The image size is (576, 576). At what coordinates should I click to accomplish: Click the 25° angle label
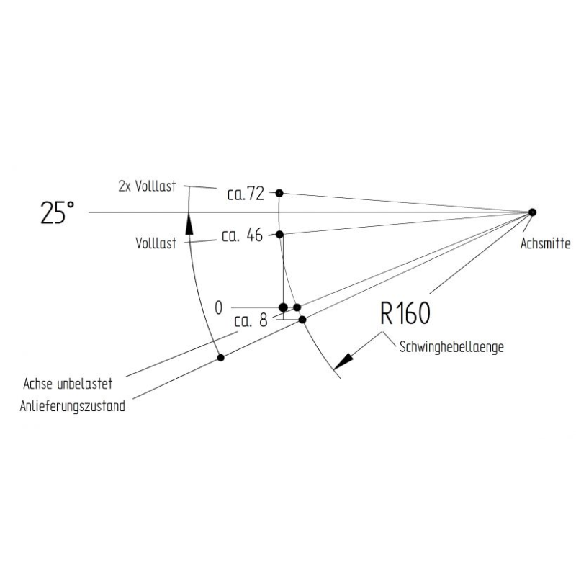(58, 212)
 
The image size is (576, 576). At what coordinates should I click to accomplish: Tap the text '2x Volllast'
(147, 186)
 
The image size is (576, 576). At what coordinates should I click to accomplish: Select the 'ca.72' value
(246, 194)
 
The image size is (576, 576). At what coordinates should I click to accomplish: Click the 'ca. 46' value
(243, 235)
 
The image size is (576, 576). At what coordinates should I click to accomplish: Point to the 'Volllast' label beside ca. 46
(156, 243)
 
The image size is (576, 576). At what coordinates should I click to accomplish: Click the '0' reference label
(219, 308)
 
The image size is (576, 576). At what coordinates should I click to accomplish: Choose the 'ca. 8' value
(251, 320)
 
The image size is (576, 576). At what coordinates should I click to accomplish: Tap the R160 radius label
(405, 313)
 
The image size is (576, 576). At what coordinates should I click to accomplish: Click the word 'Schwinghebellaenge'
(451, 347)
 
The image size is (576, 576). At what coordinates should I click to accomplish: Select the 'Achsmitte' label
(546, 243)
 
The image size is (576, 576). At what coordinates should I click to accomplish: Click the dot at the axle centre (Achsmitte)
(532, 212)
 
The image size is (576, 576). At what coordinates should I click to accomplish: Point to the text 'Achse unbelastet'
(68, 384)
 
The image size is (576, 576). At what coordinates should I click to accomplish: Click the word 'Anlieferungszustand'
(73, 407)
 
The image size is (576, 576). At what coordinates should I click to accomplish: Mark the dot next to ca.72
(279, 193)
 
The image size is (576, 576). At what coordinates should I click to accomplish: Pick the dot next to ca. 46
(279, 235)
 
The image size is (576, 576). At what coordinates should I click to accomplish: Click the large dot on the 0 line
(283, 307)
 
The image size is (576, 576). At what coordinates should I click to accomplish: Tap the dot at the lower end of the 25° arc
(220, 357)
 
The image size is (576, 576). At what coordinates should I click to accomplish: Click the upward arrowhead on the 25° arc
(189, 224)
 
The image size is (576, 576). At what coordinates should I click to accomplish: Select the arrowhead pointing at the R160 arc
(343, 361)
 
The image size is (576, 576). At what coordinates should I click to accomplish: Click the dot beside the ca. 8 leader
(302, 320)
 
